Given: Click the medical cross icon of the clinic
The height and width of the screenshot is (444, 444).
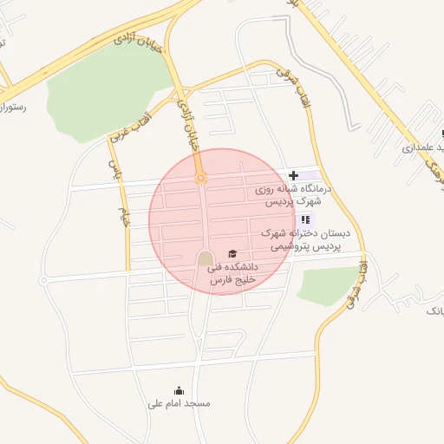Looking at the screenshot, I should point(293,175).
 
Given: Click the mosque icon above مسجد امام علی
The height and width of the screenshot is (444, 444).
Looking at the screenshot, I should point(179,390).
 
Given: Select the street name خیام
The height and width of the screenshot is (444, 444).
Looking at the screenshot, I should point(125,218).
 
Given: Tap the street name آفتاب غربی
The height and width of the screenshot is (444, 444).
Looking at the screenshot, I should point(130,127).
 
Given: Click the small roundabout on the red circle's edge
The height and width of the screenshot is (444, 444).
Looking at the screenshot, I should point(201,179).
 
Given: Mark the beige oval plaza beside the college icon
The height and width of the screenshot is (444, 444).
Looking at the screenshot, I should point(205,259).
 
